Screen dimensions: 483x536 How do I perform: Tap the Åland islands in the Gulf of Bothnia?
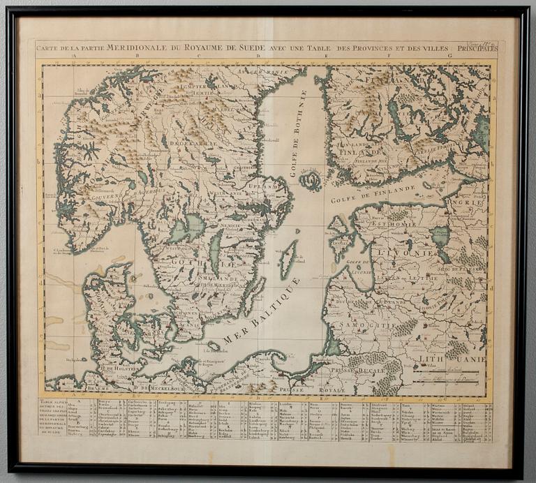coord(310,181)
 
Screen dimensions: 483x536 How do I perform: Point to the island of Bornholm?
coord(214,345)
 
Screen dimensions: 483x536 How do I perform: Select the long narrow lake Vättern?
coord(216,251)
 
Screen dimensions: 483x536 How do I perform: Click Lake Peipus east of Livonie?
coord(440,237)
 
